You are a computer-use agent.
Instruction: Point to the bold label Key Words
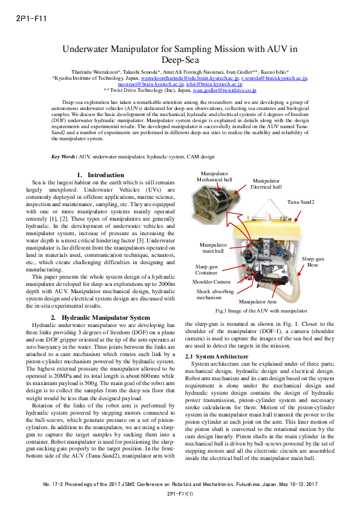click(64, 157)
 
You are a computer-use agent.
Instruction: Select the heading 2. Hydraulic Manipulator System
click(100, 317)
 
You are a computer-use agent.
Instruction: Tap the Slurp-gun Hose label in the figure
click(313, 261)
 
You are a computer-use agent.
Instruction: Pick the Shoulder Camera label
click(211, 282)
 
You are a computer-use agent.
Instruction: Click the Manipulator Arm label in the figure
click(257, 301)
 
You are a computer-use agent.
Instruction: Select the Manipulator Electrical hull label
click(266, 184)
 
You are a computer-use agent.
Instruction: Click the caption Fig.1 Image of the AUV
click(261, 310)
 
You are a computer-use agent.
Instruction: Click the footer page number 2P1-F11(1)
click(180, 494)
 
